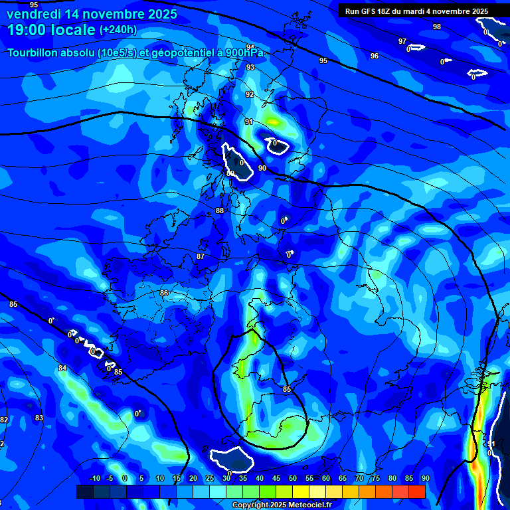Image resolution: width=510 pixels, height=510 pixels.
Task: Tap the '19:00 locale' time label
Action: coord(52,30)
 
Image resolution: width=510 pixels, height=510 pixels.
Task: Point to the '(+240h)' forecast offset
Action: coord(118,30)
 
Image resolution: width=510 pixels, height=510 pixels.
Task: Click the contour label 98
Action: coord(436,27)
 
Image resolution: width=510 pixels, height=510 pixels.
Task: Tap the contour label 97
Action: coord(402,41)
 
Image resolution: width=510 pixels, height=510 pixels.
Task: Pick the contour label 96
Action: coord(375,56)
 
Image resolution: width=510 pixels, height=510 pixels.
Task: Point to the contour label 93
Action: coord(250,67)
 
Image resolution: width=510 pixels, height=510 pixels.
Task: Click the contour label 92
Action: coord(250,94)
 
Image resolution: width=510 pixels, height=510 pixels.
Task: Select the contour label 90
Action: coord(262,168)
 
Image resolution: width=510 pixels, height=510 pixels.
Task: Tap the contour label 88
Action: coord(220,211)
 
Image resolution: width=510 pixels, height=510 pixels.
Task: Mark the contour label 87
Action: coord(201,256)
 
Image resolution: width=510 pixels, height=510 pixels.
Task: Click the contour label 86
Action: coord(164,293)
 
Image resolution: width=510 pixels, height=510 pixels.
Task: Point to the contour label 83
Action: coord(39,418)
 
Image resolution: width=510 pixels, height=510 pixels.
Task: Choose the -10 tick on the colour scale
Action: coord(94,478)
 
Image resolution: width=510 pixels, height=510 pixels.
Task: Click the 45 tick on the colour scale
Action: coord(276,478)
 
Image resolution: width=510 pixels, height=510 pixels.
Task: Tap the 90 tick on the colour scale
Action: coord(425,478)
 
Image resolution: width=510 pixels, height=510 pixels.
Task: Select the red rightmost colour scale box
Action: coord(416,491)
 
